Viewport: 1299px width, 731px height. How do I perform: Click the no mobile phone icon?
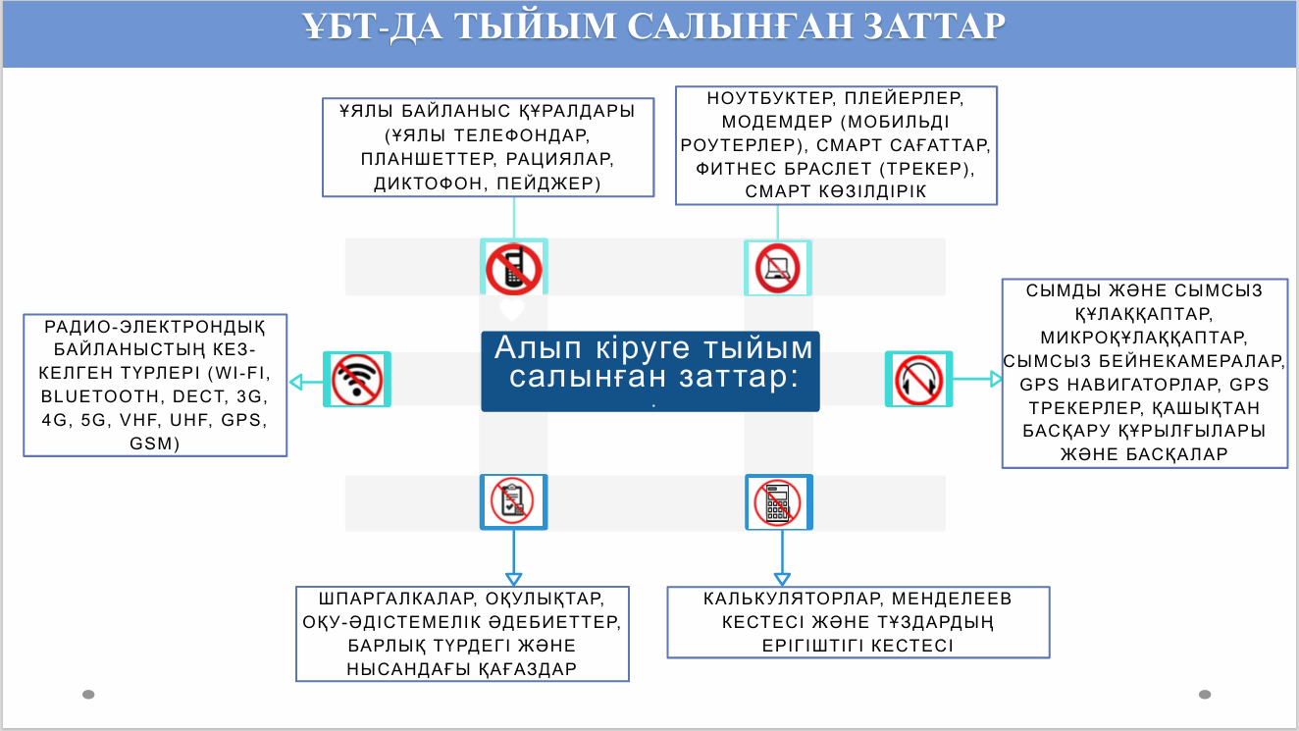pos(513,269)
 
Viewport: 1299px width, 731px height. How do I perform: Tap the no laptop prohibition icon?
pos(777,268)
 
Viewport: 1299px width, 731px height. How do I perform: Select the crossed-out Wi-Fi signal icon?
pos(357,380)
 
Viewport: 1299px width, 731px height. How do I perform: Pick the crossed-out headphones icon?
pos(919,379)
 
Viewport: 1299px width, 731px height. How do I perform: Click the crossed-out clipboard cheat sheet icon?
pos(512,502)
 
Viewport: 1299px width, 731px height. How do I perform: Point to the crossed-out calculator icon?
pos(778,502)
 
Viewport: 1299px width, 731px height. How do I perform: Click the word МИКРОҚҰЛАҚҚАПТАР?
pos(1144,337)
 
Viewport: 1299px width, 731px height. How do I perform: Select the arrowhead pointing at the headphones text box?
pos(995,379)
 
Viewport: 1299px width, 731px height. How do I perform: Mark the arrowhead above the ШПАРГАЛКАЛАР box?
pos(511,580)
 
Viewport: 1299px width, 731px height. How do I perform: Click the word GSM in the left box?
pos(155,444)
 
